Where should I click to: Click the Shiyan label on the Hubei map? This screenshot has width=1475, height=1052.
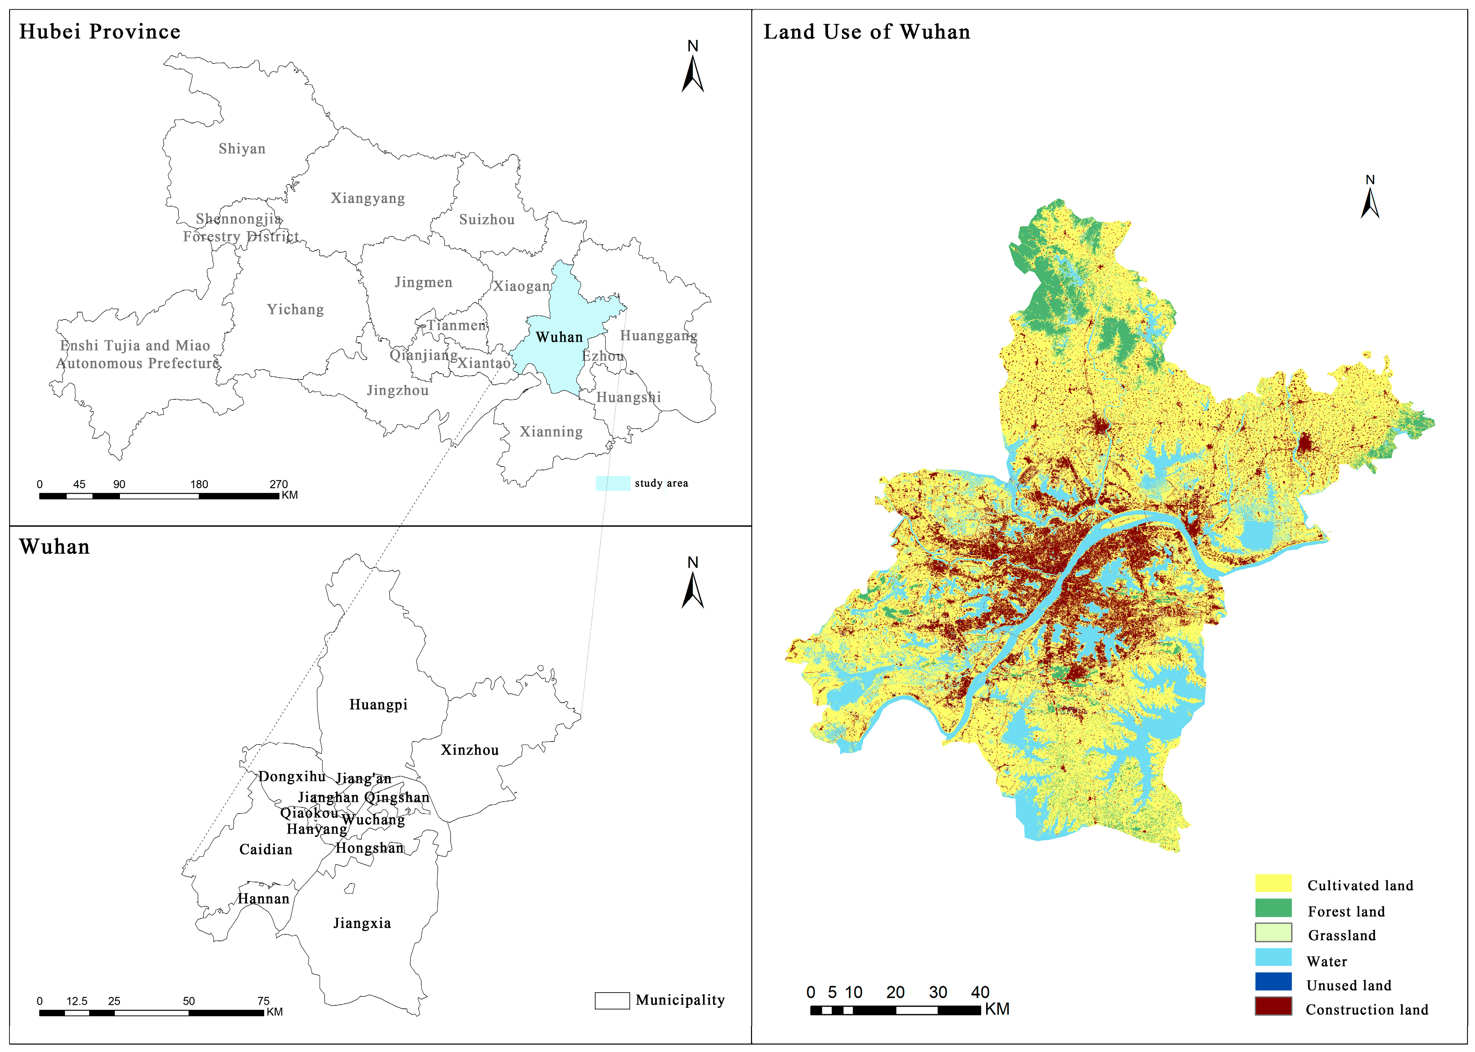242,149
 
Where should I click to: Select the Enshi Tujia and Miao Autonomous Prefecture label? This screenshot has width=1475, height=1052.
137,354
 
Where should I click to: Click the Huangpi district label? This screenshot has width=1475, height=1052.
378,705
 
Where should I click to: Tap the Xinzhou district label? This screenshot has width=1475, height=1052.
470,750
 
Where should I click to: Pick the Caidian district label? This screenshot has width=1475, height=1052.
266,849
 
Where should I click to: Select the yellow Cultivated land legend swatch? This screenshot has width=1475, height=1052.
1273,883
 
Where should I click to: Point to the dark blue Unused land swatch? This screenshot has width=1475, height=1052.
1273,982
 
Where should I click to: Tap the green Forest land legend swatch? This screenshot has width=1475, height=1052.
1273,908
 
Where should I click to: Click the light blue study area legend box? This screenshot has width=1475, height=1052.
612,483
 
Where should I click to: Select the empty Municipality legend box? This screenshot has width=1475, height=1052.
612,1000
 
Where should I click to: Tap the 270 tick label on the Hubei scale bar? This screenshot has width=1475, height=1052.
278,484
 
